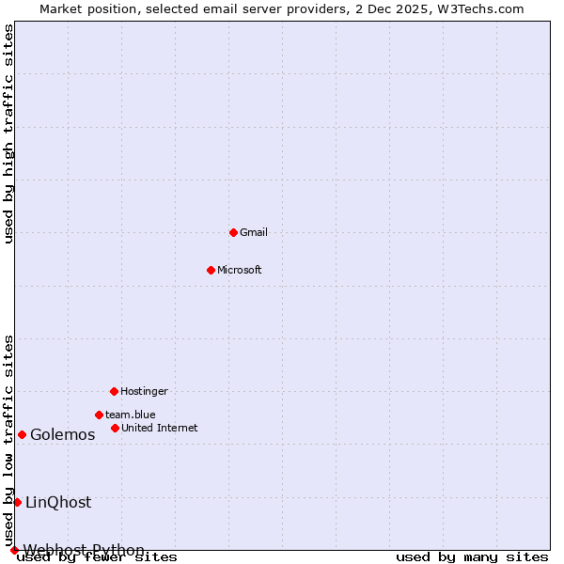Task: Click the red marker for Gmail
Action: [233, 232]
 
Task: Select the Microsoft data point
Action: [211, 270]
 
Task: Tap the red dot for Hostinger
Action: [114, 391]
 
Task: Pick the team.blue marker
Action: [99, 415]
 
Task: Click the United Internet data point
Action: [115, 428]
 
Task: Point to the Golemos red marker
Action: [22, 434]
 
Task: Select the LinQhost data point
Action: [17, 502]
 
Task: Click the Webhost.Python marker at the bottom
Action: [14, 550]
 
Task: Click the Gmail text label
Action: [254, 232]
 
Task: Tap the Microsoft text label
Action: [240, 270]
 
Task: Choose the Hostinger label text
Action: [144, 391]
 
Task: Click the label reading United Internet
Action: [160, 428]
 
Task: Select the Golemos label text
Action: [63, 434]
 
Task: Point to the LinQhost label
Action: [58, 502]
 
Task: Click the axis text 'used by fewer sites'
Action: [97, 557]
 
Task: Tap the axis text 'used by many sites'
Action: [472, 557]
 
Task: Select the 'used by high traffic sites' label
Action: [9, 133]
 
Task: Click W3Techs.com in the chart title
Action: [478, 8]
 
